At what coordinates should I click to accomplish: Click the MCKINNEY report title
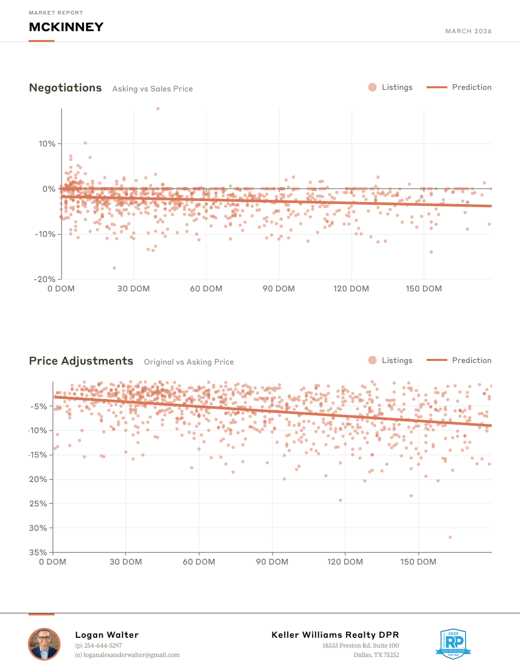click(66, 27)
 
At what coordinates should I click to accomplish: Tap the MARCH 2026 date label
click(468, 31)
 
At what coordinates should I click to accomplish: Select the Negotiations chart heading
click(65, 88)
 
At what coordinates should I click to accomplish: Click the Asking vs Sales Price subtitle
click(153, 89)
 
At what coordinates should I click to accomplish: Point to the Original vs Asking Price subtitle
click(189, 362)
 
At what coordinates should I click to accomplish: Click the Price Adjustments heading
click(81, 361)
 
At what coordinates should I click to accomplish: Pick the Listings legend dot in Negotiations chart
click(372, 87)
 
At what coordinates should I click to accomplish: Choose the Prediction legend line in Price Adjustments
click(436, 360)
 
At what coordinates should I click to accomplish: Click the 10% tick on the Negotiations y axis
click(47, 144)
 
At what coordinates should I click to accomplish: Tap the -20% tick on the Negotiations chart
click(45, 279)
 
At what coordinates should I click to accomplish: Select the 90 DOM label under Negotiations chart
click(279, 289)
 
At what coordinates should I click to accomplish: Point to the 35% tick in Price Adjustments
click(38, 553)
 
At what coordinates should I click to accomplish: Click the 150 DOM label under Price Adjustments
click(418, 562)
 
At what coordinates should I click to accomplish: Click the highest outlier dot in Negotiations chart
click(158, 109)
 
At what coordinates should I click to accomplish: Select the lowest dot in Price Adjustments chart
click(450, 537)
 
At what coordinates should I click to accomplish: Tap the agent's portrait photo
click(44, 644)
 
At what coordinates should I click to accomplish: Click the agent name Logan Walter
click(107, 635)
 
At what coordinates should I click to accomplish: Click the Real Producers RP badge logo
click(453, 643)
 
